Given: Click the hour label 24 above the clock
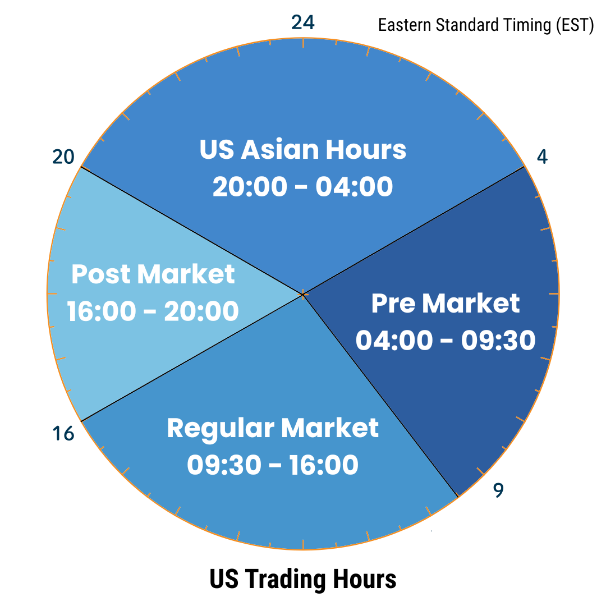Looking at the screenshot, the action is tap(302, 22).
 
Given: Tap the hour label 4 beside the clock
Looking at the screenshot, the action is tap(542, 157).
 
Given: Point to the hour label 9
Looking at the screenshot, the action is tap(499, 490).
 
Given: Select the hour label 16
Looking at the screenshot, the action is tap(63, 434).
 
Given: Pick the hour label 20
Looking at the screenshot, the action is tap(63, 157).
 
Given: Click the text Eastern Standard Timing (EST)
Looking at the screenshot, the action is tap(486, 25).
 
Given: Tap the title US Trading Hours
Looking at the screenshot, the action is tap(303, 579).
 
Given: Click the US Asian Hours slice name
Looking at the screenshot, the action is tap(302, 149).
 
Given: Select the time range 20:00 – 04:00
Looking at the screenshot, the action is tap(302, 186).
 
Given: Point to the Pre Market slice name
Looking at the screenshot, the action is tap(445, 303).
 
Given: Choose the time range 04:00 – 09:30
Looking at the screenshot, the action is tap(445, 340).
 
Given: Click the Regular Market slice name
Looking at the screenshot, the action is tap(273, 428).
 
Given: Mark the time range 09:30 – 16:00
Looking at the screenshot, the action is tap(273, 465).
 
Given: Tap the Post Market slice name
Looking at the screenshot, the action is tap(153, 274).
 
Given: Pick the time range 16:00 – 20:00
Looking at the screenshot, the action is tap(153, 311).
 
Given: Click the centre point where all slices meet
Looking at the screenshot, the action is tap(303, 295).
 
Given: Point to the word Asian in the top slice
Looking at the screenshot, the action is tap(279, 149).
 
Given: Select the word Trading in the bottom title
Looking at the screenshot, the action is tap(287, 580).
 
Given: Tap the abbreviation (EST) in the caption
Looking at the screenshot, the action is tap(575, 25).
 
